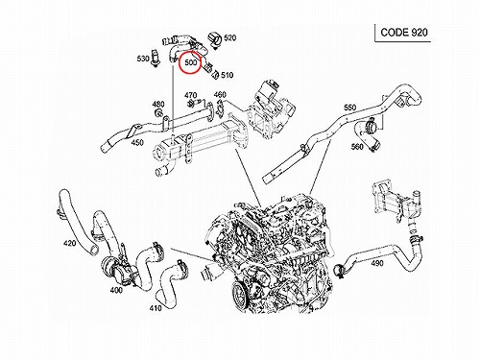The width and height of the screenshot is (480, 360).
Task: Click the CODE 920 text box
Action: pyautogui.click(x=404, y=33)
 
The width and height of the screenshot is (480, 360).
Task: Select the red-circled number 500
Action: pyautogui.click(x=191, y=62)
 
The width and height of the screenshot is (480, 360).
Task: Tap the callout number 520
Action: pyautogui.click(x=229, y=37)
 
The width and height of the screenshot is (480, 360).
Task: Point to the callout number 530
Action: pyautogui.click(x=143, y=59)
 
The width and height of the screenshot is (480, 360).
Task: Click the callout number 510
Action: pyautogui.click(x=227, y=75)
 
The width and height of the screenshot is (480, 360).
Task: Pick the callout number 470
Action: pyautogui.click(x=190, y=95)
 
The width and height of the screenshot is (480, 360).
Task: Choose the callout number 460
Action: pyautogui.click(x=220, y=95)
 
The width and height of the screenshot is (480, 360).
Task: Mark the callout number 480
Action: pyautogui.click(x=158, y=104)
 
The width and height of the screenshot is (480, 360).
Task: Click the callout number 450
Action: pyautogui.click(x=137, y=143)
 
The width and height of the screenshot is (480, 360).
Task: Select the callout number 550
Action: pyautogui.click(x=349, y=108)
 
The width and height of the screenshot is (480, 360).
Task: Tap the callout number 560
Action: pyautogui.click(x=357, y=147)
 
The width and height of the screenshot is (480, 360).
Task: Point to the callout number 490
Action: pyautogui.click(x=377, y=263)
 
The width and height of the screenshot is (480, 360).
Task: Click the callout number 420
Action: pyautogui.click(x=69, y=243)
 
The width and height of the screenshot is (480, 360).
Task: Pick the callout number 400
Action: pyautogui.click(x=116, y=290)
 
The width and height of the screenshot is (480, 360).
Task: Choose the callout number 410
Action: pyautogui.click(x=156, y=308)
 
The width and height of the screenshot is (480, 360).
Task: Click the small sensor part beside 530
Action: pyautogui.click(x=155, y=59)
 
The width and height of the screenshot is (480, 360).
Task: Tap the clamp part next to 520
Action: pyautogui.click(x=215, y=40)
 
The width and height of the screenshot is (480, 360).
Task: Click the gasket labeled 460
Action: pyautogui.click(x=221, y=108)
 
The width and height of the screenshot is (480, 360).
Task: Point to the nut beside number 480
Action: pyautogui.click(x=157, y=112)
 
